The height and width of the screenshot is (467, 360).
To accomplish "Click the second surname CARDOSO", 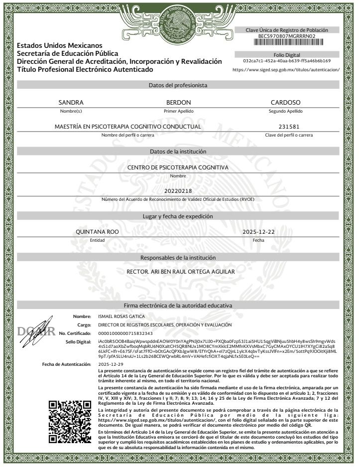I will [285, 103].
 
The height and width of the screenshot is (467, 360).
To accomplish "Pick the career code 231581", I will [289, 127].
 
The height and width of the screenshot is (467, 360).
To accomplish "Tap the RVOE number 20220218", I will [178, 191].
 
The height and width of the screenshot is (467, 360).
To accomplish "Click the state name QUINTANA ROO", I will [97, 232].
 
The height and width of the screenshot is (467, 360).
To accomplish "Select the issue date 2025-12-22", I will [258, 232].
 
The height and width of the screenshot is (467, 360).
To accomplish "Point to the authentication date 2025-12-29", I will [111, 364].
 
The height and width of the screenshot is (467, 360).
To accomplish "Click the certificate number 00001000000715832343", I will [125, 333].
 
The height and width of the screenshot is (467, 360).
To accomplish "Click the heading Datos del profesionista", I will [178, 85].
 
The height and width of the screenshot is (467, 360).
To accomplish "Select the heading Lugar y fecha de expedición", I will [178, 216].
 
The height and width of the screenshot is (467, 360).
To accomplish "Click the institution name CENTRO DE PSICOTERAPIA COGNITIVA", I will [178, 168].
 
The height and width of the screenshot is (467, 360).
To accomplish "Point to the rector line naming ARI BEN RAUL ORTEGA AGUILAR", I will [181, 272].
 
